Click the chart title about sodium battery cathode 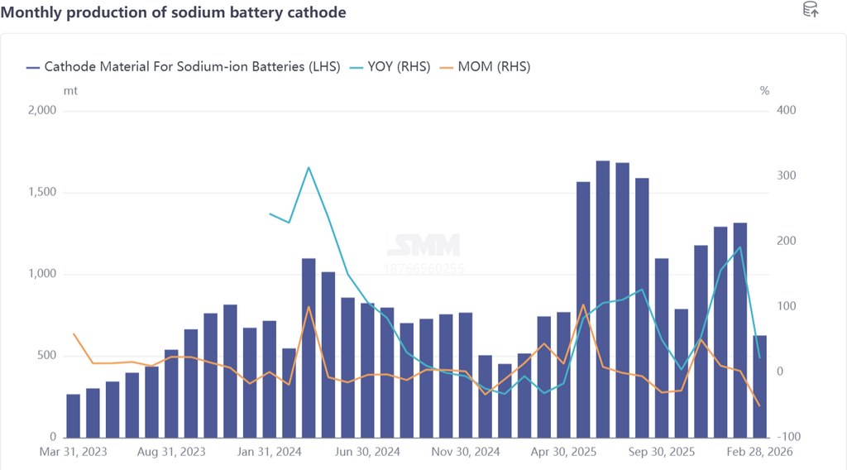tap(173, 12)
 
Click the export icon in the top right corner tap(811, 11)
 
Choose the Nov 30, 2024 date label tap(467, 452)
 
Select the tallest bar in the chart tap(603, 299)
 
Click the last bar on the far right tap(760, 386)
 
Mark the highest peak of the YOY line tap(309, 168)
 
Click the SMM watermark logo tap(423, 245)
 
